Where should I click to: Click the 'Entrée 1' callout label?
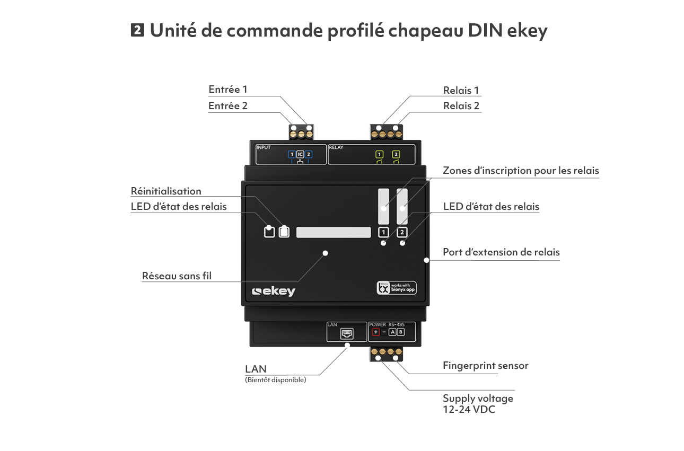coord(228,90)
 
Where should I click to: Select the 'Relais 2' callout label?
coord(461,105)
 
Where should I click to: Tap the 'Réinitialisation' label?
coord(166,191)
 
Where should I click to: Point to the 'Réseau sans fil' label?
coord(177,276)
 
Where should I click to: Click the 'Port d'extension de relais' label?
coord(501,252)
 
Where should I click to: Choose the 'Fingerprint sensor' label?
coord(485,365)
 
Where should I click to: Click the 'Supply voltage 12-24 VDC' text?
coord(478,403)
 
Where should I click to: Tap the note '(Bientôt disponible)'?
coord(275,380)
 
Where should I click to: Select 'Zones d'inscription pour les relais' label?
coord(521,171)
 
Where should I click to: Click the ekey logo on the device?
coord(274,291)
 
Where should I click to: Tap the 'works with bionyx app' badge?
coord(397,288)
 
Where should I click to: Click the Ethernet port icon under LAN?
coord(347,334)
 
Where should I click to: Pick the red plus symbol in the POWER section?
coord(375,332)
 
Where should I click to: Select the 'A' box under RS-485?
coord(392,332)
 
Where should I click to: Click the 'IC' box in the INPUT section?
coord(300,154)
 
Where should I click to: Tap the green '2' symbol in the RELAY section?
coord(396,155)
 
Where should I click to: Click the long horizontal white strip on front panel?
coord(334,232)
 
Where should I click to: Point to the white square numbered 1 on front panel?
coord(383,232)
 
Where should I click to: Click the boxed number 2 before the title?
coord(137,30)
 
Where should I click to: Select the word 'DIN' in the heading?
coord(484,30)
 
